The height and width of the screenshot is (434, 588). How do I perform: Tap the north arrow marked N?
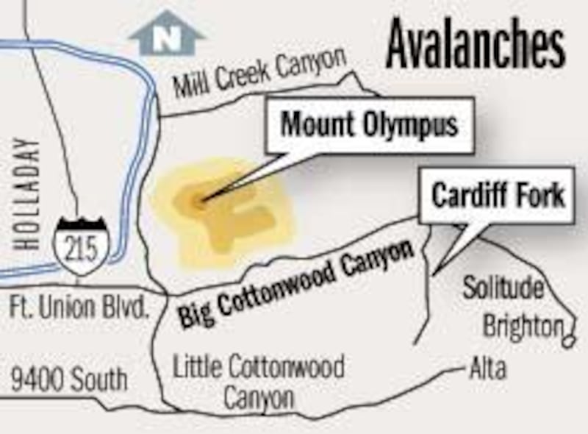tap(167, 35)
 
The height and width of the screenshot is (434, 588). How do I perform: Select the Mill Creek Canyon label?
tap(259, 76)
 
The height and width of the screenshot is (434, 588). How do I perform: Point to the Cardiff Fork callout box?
tap(497, 196)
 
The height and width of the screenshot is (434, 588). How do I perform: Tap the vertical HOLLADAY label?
tap(28, 193)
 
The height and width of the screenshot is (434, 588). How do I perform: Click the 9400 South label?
tap(68, 379)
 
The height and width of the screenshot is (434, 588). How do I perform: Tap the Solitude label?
tap(503, 288)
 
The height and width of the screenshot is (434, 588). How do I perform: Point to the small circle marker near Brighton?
tap(569, 341)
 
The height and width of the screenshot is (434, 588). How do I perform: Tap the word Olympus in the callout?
tap(411, 124)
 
